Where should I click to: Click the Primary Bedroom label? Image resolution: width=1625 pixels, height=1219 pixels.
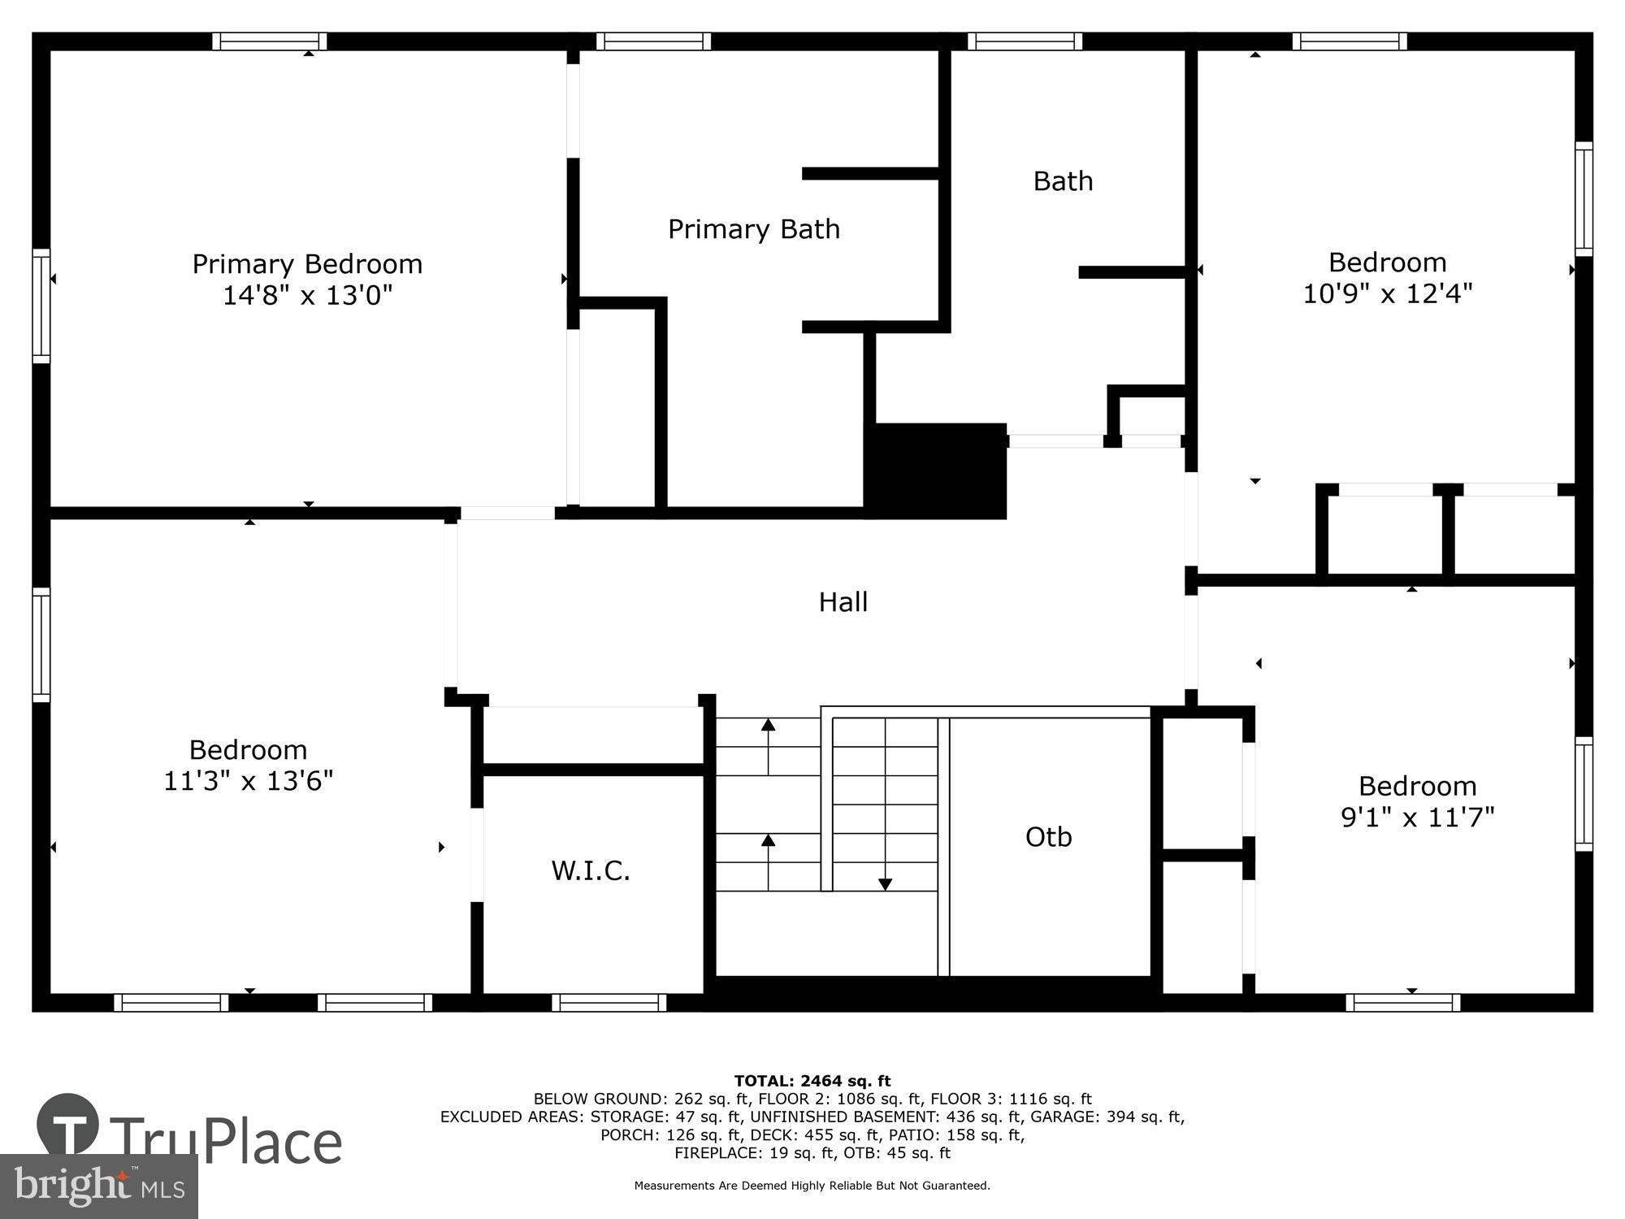point(307,264)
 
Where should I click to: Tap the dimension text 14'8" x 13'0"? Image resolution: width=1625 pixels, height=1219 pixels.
point(307,295)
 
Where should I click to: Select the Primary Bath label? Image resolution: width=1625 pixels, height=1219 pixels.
point(753,229)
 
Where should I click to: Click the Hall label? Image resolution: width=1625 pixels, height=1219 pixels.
point(843,602)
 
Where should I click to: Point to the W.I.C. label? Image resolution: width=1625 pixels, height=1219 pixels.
point(591,871)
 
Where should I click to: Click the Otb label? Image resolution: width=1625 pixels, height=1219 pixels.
point(1048,837)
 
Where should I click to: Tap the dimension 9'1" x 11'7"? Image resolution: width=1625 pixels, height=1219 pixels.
point(1417,817)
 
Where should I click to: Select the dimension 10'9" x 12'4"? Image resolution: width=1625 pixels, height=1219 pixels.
point(1387,293)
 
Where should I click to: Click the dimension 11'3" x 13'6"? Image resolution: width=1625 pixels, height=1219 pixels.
point(248,781)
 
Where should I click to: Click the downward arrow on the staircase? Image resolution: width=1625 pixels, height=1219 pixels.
point(886,883)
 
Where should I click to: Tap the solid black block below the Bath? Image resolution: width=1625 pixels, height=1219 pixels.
point(936,471)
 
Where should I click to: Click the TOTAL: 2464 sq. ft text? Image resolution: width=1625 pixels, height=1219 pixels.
point(812,1081)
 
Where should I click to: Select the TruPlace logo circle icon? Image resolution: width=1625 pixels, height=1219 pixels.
point(68,1126)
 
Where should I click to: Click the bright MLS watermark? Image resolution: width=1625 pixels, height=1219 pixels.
point(98,1186)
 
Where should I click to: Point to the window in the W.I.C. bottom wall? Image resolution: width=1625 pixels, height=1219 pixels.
point(609,1003)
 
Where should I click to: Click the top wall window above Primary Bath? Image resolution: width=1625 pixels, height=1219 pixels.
point(653,41)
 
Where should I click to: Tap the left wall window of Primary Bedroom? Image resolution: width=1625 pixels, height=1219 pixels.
point(41,306)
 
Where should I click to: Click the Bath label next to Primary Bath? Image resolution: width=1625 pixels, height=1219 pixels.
point(1062,181)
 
